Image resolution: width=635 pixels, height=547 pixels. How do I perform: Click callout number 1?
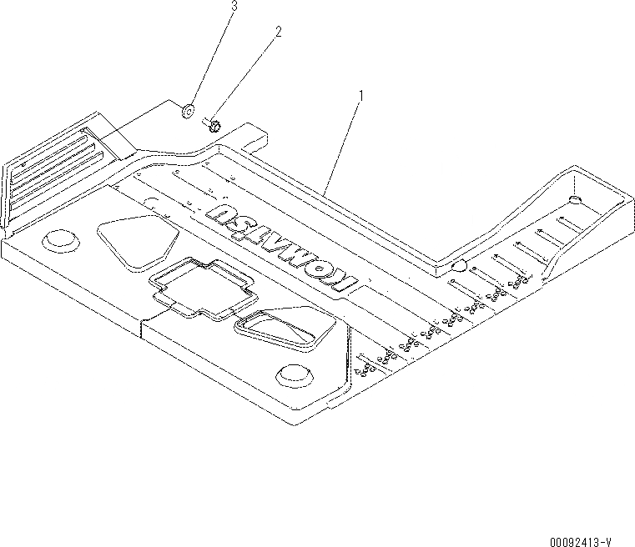click(360, 96)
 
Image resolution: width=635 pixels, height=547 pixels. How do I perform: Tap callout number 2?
click(279, 33)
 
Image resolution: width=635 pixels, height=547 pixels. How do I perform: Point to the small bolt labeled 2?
click(212, 126)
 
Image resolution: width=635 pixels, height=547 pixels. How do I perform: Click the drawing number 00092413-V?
click(593, 539)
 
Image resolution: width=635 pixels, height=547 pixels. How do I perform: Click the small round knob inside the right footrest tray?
click(574, 199)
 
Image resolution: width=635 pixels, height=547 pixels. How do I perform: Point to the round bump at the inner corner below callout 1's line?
click(459, 266)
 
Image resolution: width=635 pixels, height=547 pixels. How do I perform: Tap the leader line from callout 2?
click(247, 77)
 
